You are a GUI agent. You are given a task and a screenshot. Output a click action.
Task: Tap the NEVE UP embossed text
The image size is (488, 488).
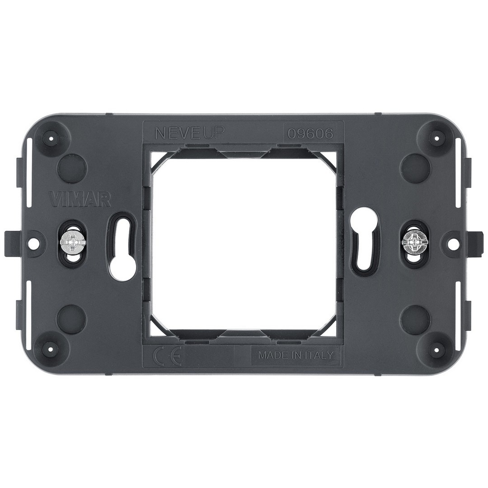click(189, 133)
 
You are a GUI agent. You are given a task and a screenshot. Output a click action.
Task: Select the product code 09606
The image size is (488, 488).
click(310, 134)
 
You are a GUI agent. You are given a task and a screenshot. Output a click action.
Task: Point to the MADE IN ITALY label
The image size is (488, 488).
click(296, 356)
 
